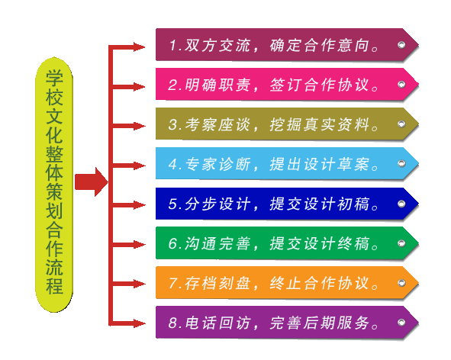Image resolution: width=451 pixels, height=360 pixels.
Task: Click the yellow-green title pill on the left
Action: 54,185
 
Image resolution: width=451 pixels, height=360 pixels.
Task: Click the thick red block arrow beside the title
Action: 91,182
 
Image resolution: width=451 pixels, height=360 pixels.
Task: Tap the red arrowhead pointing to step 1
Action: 140,47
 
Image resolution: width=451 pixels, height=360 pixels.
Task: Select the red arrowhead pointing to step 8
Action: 140,323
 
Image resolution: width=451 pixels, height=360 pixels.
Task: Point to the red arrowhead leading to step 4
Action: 140,166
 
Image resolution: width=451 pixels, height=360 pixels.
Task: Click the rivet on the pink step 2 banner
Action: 401,84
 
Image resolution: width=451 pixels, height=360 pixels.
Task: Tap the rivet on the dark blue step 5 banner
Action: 401,204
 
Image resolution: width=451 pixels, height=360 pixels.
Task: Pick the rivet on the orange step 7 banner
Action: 401,283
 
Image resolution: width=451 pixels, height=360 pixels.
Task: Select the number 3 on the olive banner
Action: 173,125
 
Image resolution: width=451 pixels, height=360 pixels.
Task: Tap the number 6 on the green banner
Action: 173,243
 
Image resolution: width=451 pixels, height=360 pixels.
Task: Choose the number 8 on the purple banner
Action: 173,323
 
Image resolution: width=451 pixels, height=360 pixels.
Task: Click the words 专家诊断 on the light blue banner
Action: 217,165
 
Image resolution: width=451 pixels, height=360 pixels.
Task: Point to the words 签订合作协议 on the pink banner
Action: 320,85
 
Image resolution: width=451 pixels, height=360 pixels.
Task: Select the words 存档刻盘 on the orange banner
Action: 217,283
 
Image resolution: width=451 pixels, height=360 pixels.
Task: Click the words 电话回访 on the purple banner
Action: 217,323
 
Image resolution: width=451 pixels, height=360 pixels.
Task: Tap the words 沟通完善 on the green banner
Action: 217,243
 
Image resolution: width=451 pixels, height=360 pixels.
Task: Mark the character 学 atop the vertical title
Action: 54,78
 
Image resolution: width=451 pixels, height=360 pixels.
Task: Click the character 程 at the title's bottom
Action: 54,285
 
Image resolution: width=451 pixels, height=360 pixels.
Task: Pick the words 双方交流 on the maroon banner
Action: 217,46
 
